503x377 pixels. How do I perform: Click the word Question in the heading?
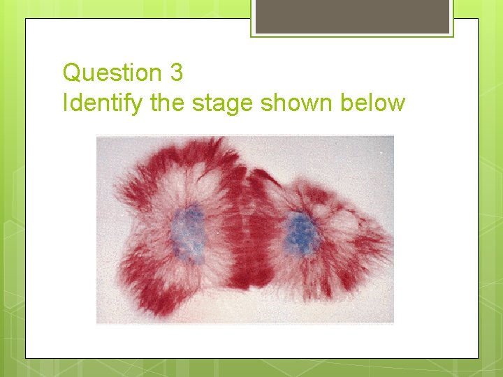112,72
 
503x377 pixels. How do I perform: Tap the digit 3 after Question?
176,72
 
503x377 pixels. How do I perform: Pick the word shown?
298,103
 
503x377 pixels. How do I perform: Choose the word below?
373,103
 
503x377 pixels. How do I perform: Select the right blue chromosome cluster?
302,234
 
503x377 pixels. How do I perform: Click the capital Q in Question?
72,72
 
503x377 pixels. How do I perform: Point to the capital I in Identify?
66,103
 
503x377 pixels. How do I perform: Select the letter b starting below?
348,103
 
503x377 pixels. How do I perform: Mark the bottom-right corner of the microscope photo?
393,323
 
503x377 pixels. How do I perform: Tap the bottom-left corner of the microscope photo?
97,323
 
